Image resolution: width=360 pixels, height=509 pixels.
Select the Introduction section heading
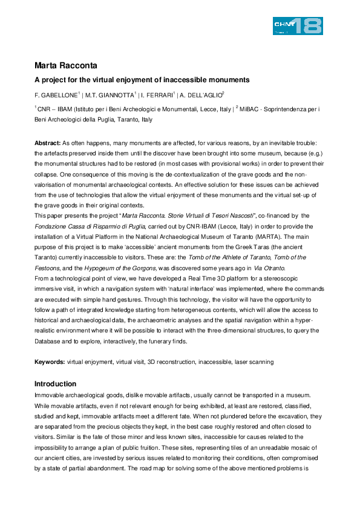point(56,384)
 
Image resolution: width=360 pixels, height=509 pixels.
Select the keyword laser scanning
point(254,361)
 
